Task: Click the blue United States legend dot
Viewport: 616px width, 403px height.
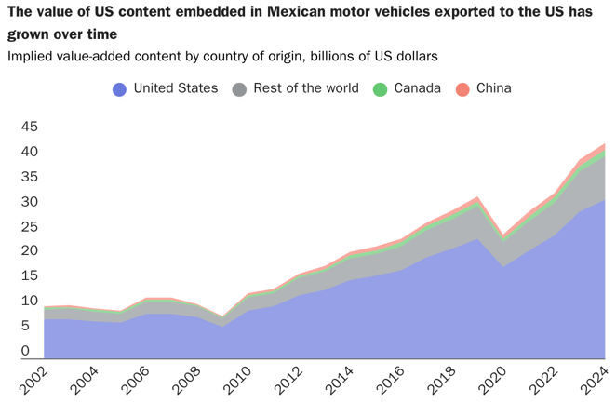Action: pyautogui.click(x=119, y=89)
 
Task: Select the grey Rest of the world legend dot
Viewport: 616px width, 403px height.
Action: pyautogui.click(x=239, y=89)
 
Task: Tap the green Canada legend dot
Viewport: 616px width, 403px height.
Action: pyautogui.click(x=379, y=89)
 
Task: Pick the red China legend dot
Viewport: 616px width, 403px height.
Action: pyautogui.click(x=462, y=89)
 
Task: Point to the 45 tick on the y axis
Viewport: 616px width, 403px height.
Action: pyautogui.click(x=30, y=127)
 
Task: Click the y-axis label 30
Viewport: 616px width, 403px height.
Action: pyautogui.click(x=30, y=202)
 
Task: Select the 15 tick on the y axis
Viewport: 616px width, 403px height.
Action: pyautogui.click(x=30, y=276)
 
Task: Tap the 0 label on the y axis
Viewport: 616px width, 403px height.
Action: pyautogui.click(x=25, y=351)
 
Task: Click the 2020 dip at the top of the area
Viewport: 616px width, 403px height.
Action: pyautogui.click(x=503, y=235)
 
